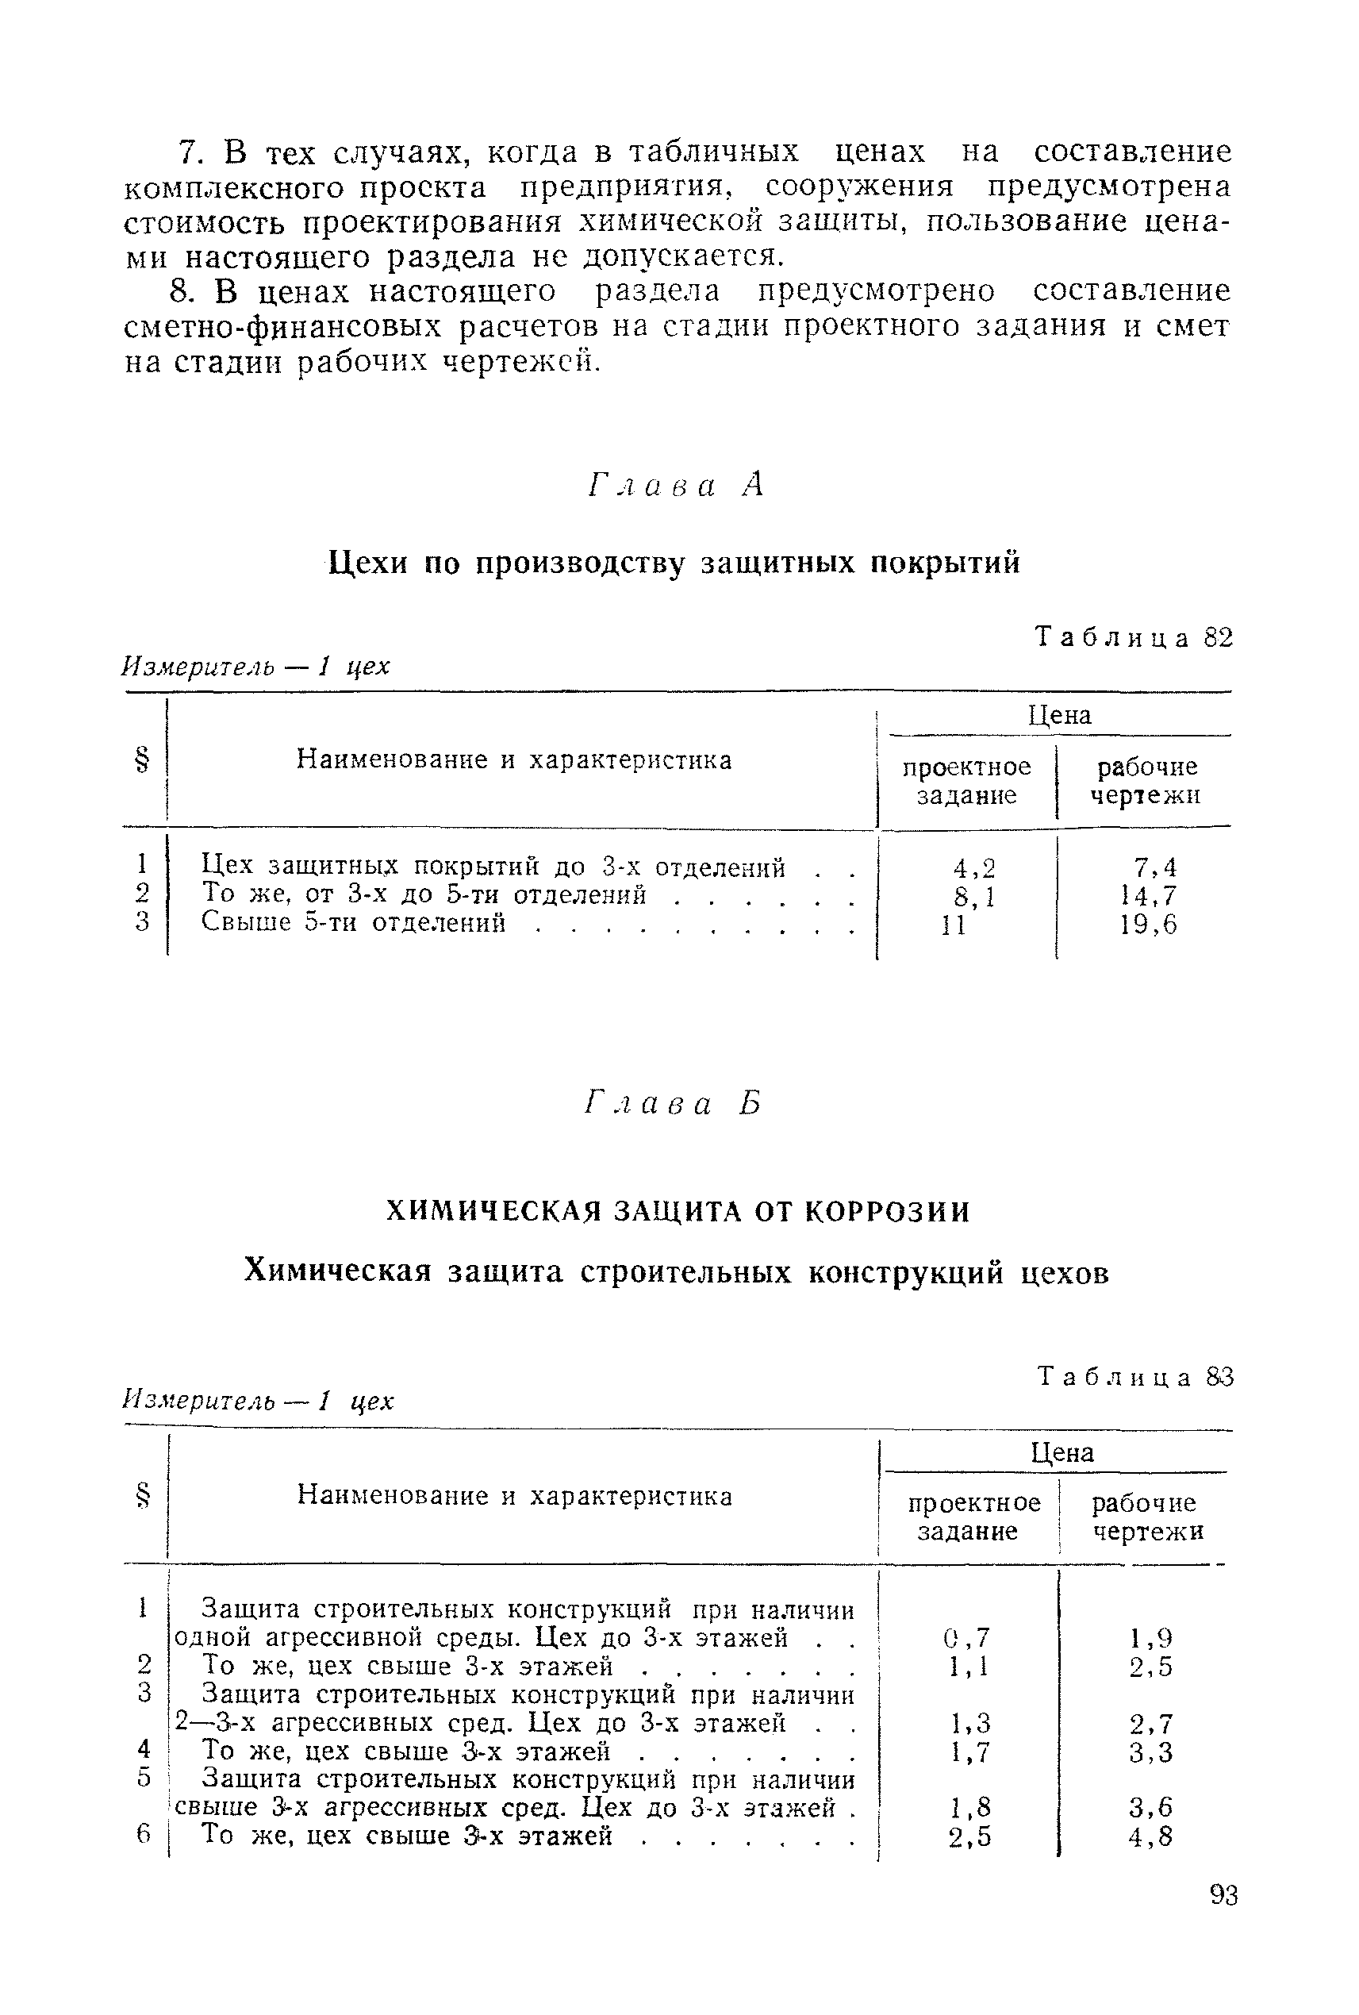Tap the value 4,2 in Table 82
(973, 867)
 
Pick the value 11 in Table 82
(954, 925)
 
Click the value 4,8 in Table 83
(1150, 1836)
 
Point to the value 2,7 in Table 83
(1150, 1723)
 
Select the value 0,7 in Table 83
(966, 1638)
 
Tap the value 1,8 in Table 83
(969, 1808)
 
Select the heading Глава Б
(674, 1104)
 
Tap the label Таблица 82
(1134, 637)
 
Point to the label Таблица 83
(1134, 1377)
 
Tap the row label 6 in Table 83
(144, 1836)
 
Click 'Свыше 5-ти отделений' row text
(354, 922)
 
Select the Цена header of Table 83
(1061, 1452)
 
